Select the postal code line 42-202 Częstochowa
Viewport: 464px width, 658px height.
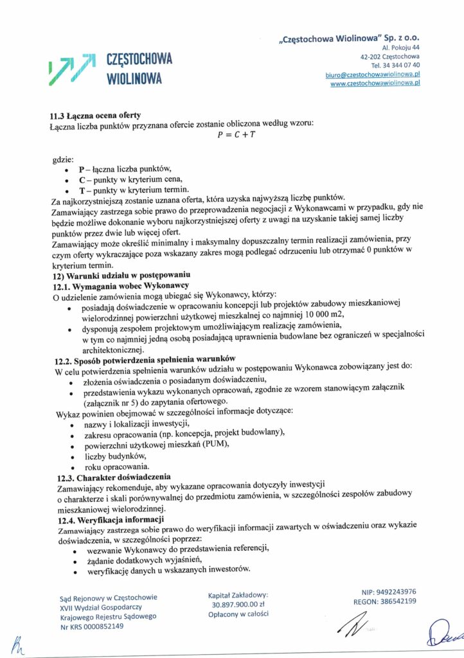pos(390,56)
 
